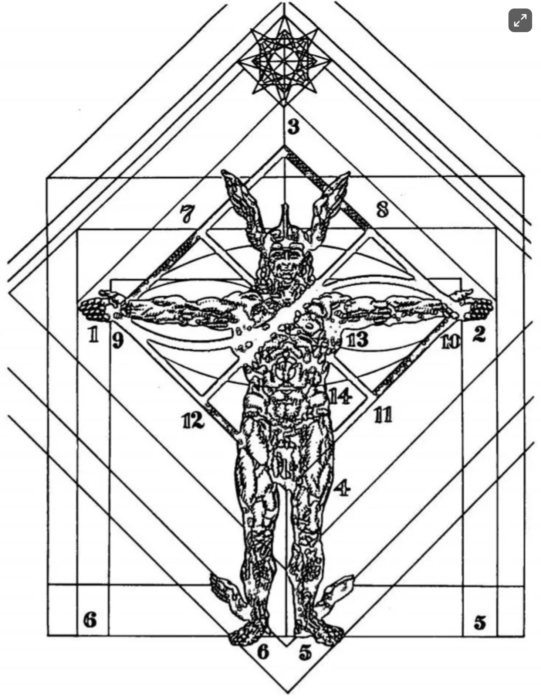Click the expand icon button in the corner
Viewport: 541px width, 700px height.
520,20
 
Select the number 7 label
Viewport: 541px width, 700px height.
187,215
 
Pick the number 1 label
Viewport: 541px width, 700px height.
94,335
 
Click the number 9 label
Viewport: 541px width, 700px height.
117,340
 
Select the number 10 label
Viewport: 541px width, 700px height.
450,342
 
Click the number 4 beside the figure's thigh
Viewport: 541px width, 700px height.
342,489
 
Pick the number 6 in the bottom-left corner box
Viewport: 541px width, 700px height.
90,619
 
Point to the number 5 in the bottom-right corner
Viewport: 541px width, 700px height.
480,622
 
